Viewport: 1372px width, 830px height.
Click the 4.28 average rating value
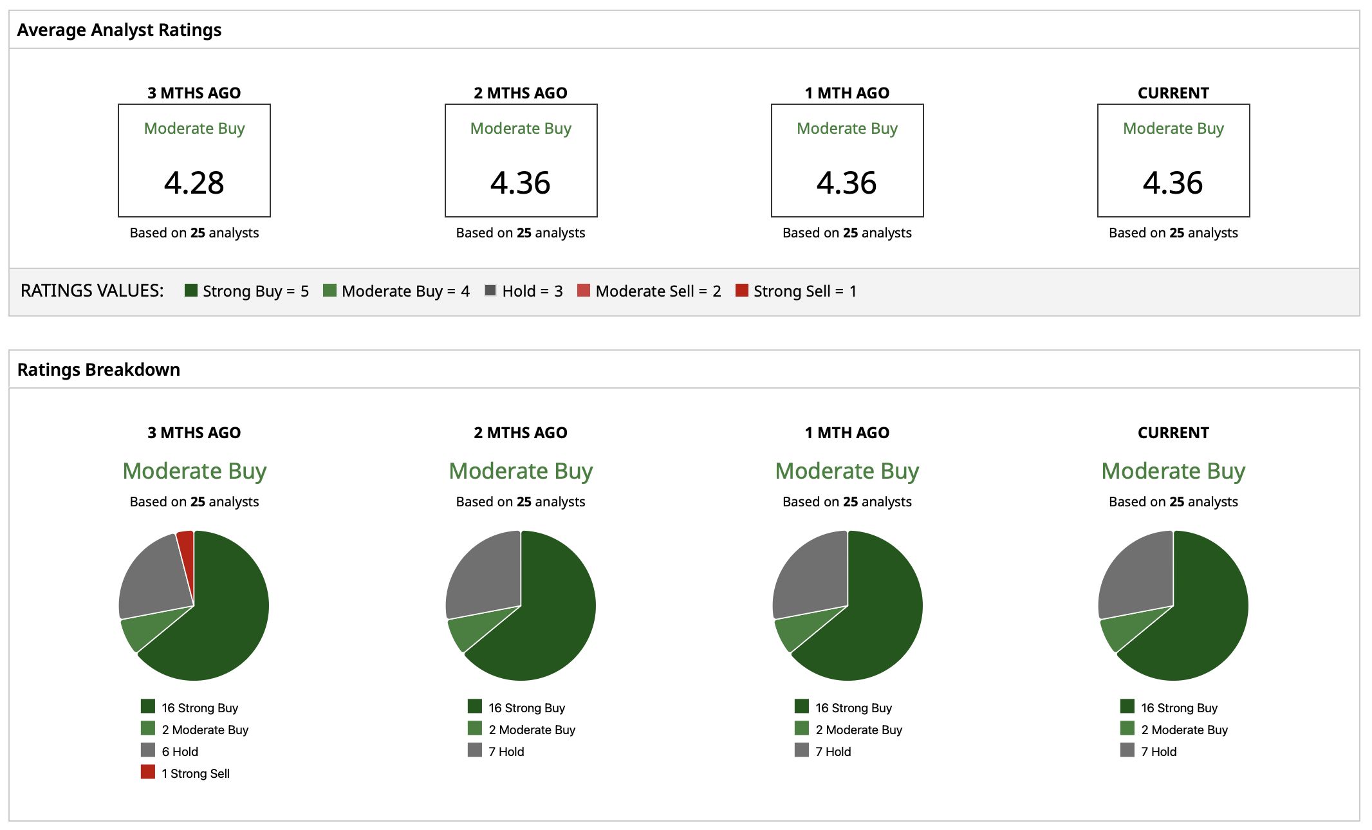194,183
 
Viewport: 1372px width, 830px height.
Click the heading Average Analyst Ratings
119,30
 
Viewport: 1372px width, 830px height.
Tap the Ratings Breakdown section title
98,370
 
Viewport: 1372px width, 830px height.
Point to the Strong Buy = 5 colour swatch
190,290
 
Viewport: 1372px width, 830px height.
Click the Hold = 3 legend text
532,291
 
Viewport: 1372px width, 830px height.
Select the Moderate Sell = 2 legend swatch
584,290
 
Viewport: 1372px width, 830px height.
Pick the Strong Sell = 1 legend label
805,291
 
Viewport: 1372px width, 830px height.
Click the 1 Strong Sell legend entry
196,773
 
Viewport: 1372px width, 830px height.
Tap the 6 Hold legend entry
180,752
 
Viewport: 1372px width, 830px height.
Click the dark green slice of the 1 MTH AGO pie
878,618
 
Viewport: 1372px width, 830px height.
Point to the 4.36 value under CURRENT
1173,183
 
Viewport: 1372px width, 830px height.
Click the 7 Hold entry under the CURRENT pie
1158,752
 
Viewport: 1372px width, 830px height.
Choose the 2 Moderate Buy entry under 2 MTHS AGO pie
532,730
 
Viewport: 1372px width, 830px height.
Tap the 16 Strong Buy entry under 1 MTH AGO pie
853,708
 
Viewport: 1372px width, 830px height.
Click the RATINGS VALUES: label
92,291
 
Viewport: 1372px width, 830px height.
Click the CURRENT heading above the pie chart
1173,433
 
